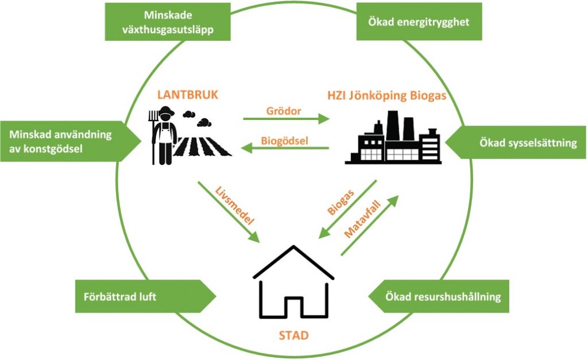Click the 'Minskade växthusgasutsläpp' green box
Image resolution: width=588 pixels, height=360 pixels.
[x=168, y=22]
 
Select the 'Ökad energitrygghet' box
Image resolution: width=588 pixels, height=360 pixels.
[x=419, y=22]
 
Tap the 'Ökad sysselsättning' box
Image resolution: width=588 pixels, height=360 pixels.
[x=516, y=142]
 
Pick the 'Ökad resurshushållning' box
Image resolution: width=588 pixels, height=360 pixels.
[x=439, y=296]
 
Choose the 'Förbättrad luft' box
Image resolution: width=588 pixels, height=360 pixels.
[x=145, y=296]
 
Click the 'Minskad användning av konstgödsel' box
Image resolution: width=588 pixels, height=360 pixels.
[x=71, y=141]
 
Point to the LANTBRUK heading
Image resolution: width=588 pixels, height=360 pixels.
[x=188, y=95]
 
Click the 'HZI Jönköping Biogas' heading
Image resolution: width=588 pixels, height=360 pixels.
[x=386, y=96]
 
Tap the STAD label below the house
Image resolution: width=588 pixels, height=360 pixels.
[x=293, y=335]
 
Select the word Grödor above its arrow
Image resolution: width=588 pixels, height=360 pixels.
[x=284, y=111]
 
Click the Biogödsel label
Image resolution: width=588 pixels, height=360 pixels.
[x=285, y=141]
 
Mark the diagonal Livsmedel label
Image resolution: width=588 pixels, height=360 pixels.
[x=235, y=206]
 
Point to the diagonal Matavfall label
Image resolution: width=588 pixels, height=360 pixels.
[x=362, y=219]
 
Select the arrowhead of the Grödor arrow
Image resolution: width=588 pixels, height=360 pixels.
[x=324, y=119]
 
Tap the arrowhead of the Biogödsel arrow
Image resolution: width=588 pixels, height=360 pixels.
[x=247, y=149]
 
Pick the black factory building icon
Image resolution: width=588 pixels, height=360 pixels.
[x=393, y=137]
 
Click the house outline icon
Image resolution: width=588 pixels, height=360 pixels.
[x=293, y=282]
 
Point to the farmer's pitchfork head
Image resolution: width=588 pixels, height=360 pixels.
[x=153, y=115]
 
